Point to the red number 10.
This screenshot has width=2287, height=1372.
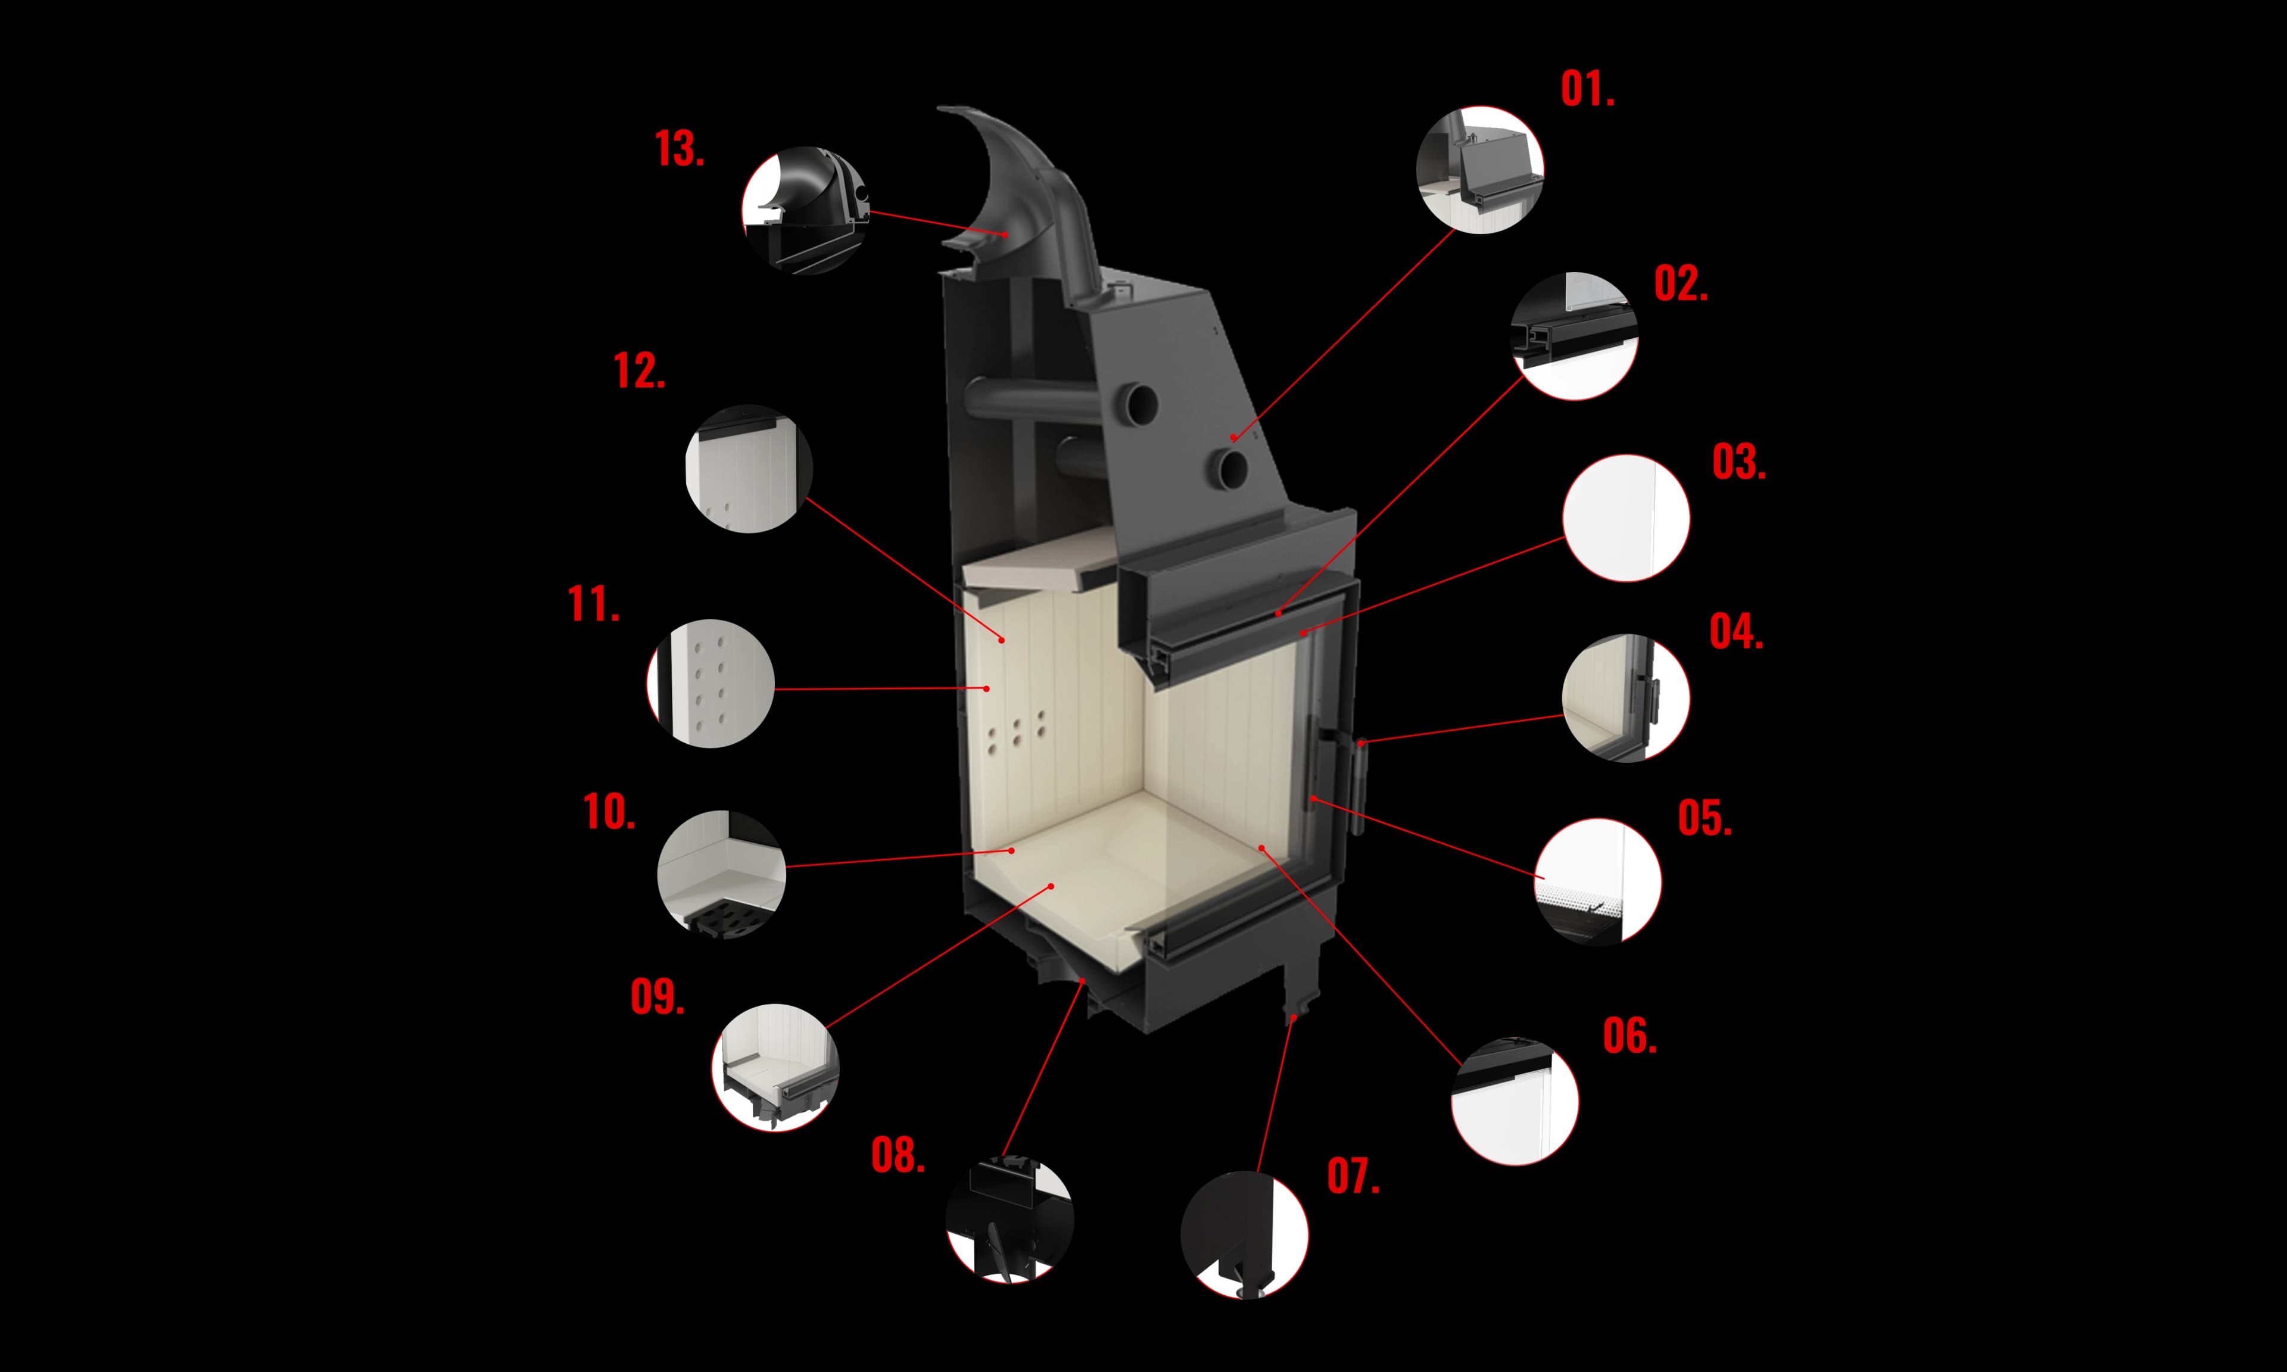(x=608, y=812)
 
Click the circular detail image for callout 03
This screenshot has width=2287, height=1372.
(x=1626, y=517)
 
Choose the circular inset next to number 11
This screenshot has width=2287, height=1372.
(x=710, y=683)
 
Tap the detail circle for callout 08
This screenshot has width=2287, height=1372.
(x=1009, y=1218)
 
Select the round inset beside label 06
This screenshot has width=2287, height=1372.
(x=1514, y=1101)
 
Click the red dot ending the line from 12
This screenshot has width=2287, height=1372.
(x=1001, y=639)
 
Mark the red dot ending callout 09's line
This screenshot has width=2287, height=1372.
(x=1051, y=885)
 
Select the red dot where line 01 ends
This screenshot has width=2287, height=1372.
(x=1233, y=437)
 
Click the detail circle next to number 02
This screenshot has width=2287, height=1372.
(x=1574, y=336)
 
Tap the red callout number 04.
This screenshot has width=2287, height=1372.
(x=1735, y=632)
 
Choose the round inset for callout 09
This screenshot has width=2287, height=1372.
(x=775, y=1067)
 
